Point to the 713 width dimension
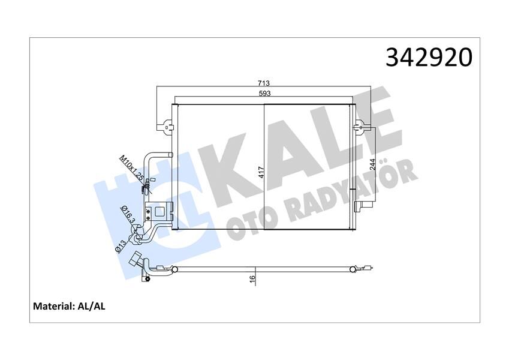(264, 83)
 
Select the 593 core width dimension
(264, 94)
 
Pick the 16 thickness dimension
(253, 278)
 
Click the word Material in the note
(53, 306)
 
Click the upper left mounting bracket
(166, 127)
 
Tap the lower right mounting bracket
(361, 207)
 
